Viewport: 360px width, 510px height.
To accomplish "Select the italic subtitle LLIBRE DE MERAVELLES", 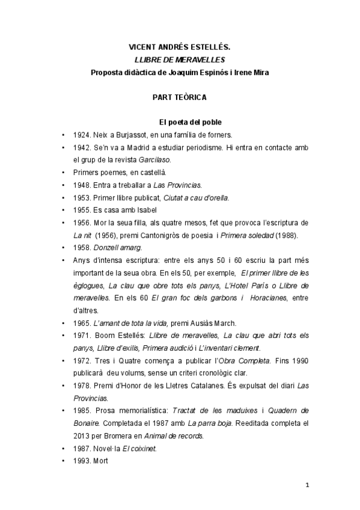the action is click(179, 60).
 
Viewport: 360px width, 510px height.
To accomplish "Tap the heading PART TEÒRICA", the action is click(179, 96).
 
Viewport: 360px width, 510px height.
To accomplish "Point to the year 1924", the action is click(82, 135).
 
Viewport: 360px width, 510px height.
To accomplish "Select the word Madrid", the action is click(148, 148).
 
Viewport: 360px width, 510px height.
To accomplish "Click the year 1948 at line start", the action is click(82, 186).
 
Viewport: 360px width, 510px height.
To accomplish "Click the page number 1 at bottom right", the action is click(307, 485).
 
